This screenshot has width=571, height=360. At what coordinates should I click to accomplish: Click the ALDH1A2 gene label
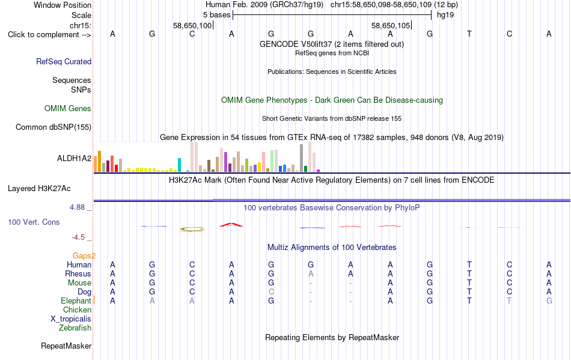pos(75,158)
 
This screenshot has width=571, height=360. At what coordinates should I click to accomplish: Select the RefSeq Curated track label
pos(64,61)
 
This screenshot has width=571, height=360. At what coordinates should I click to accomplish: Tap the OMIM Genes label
pos(68,108)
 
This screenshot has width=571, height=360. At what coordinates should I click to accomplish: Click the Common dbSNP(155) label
pos(53,127)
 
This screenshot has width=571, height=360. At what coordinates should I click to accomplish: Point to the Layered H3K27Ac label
pos(39,189)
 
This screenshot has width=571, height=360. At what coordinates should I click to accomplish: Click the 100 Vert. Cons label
pos(34,222)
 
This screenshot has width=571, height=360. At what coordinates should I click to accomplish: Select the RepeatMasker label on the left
pos(66,346)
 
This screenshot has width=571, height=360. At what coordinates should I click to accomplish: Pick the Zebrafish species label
pos(75,328)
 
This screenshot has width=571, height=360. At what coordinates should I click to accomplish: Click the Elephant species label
pos(76,301)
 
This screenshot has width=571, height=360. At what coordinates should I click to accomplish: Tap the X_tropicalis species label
pos(71,319)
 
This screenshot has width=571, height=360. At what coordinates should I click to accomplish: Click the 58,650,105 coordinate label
pos(391,25)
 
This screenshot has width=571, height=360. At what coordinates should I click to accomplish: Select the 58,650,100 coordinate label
pos(192,25)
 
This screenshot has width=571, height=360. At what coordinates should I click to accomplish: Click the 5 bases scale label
pos(216,15)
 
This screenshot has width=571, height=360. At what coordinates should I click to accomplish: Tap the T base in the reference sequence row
pos(469,34)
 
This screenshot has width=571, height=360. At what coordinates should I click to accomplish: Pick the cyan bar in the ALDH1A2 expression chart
pos(179,165)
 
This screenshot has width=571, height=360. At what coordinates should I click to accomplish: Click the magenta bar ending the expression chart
pos(319,171)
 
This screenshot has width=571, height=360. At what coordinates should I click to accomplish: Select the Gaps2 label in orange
pos(84,255)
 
